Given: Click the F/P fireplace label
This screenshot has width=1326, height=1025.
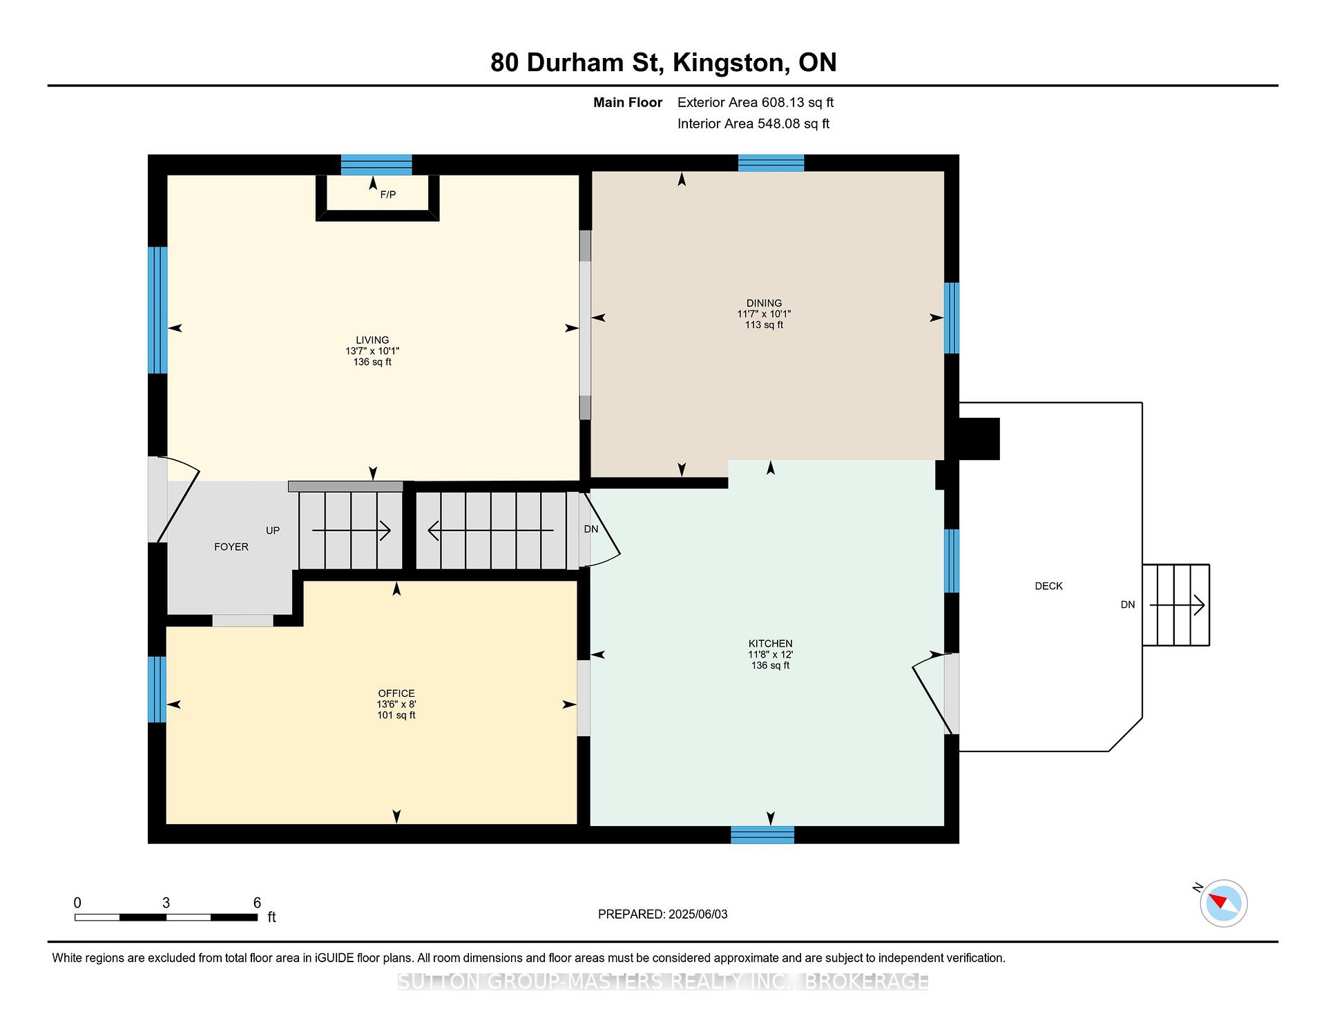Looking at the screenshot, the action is (x=388, y=195).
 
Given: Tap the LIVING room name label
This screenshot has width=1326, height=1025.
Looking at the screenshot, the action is (x=372, y=340).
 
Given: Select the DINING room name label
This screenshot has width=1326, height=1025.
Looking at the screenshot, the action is (x=764, y=303).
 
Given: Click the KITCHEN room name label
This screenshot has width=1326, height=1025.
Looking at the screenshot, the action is (x=771, y=644).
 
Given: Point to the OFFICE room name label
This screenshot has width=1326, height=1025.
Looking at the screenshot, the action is (x=396, y=693).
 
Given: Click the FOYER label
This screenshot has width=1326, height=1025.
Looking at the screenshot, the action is (x=231, y=547).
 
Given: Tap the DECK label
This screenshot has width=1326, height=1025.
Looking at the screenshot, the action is (x=1048, y=586).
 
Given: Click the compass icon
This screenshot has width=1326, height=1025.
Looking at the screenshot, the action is (x=1223, y=903).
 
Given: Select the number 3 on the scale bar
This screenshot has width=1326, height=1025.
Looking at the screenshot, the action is (x=166, y=903).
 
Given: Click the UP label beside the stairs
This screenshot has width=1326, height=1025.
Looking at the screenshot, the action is (x=273, y=530).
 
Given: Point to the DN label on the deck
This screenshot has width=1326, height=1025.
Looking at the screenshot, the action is (x=1128, y=605).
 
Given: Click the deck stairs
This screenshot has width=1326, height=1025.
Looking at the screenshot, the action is (x=1176, y=605).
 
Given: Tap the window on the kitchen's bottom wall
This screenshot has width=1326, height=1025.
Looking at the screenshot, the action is (x=762, y=835).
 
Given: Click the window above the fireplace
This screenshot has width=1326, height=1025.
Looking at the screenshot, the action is (x=376, y=165).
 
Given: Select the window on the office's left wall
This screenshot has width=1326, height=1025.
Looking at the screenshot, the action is (x=157, y=689).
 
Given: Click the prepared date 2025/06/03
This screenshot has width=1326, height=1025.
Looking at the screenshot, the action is (x=698, y=914).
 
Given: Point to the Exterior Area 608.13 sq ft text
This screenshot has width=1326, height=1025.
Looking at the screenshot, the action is (x=756, y=103).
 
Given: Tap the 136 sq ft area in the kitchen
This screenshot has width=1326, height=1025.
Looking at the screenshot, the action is (x=771, y=666).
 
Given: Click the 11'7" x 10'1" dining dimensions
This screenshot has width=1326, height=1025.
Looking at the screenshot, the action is (x=764, y=314).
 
